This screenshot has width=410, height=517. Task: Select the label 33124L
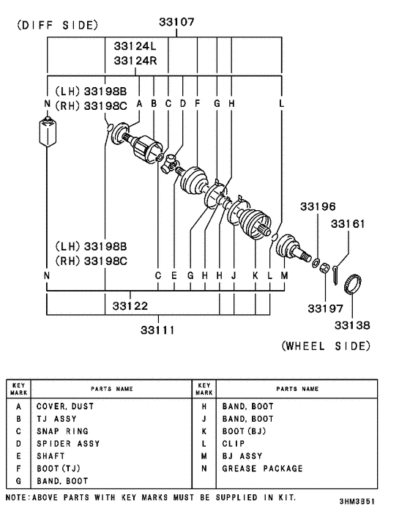click(x=135, y=46)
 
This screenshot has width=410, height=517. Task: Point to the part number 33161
click(x=348, y=224)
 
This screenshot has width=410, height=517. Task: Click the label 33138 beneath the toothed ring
click(x=352, y=324)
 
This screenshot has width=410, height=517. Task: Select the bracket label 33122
click(x=130, y=304)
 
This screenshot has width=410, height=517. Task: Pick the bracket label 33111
click(x=157, y=330)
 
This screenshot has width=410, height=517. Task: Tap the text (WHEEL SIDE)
click(x=325, y=346)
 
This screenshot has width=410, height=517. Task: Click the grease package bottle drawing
click(x=47, y=132)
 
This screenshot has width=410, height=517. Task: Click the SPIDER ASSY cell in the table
click(x=68, y=444)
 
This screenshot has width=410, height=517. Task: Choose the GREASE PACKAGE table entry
click(x=262, y=469)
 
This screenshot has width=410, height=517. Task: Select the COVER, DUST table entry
click(x=65, y=406)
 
